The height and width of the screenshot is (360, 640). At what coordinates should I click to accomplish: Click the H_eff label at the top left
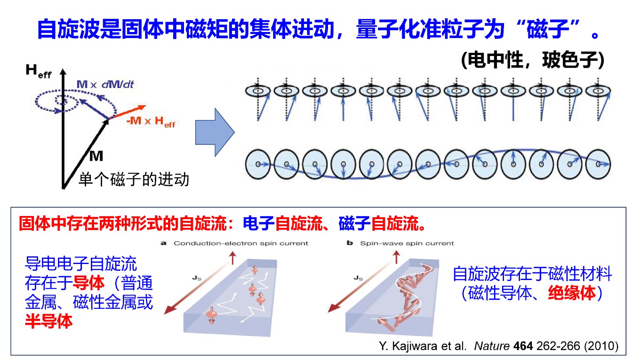[38, 71]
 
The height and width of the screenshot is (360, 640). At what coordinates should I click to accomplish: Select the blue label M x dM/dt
[105, 84]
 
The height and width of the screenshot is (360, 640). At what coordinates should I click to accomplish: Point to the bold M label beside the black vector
[96, 156]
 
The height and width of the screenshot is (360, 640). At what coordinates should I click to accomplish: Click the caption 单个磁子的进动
[134, 179]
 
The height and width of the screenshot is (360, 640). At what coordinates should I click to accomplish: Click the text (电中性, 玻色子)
[532, 60]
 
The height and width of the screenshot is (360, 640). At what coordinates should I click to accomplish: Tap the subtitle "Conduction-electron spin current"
[241, 243]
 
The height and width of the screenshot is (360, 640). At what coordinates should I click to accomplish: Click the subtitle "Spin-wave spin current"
[407, 243]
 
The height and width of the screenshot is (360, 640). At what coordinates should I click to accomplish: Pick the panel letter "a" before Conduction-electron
[163, 243]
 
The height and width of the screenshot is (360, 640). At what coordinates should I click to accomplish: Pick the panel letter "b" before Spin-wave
[350, 243]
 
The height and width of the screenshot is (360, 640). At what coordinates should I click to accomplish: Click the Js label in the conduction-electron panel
[197, 278]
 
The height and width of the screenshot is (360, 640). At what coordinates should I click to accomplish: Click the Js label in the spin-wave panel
[358, 278]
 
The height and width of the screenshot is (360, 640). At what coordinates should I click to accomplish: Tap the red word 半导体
[49, 321]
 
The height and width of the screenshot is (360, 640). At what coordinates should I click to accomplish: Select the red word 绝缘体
[572, 293]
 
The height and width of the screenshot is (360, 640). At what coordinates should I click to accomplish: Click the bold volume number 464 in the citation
[523, 346]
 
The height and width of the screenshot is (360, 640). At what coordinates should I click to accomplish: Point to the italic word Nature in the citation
[492, 346]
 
